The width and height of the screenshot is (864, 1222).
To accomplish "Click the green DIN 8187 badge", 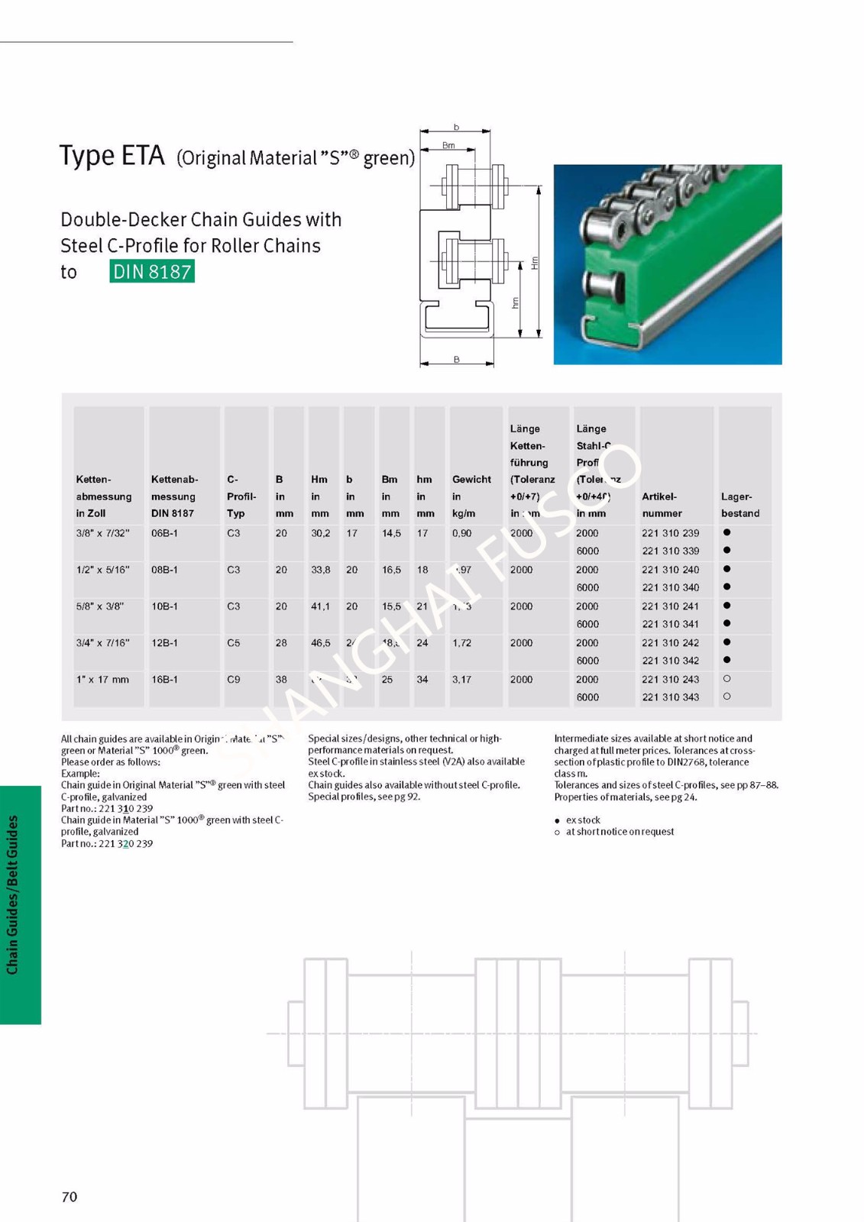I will (x=152, y=271).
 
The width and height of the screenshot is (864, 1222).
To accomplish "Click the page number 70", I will (x=70, y=1197).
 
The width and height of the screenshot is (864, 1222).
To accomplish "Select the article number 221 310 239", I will (x=670, y=533).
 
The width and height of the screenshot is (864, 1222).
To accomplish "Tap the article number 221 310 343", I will (x=670, y=697).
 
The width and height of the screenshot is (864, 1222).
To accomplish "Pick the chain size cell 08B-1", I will (x=164, y=570).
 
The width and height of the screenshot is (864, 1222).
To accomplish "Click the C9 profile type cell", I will (x=234, y=679).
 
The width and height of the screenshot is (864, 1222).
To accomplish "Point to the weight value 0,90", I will (x=461, y=533).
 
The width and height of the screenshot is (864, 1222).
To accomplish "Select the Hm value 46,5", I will (x=321, y=643).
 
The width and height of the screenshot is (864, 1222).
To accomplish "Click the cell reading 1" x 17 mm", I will (x=102, y=679).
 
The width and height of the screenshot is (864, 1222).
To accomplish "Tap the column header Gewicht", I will (x=471, y=480).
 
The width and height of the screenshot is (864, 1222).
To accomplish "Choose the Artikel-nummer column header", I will (x=662, y=505).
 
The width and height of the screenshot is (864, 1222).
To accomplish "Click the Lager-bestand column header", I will (x=739, y=505).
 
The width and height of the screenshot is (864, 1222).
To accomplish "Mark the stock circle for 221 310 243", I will (x=726, y=679).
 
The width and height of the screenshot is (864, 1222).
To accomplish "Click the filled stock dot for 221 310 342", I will (x=726, y=660).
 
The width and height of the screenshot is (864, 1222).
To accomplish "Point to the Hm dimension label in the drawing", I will (x=535, y=262).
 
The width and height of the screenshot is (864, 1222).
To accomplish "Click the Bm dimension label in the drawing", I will (x=448, y=145).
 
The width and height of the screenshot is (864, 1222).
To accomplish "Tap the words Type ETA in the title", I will (x=112, y=156).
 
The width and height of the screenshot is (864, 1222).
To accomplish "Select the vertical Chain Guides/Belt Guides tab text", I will (x=13, y=894).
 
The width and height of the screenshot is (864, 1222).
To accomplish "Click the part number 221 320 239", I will (x=125, y=843).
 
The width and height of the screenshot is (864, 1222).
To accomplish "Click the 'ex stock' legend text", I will (x=583, y=820).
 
